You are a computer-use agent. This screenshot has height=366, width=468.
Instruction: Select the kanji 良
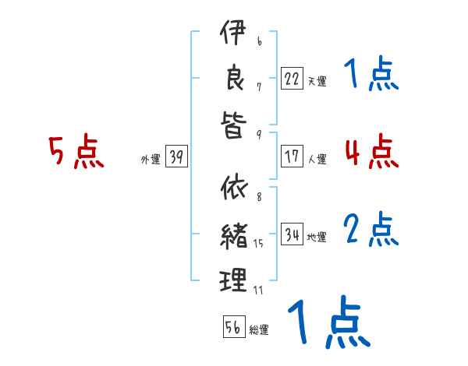(232, 79)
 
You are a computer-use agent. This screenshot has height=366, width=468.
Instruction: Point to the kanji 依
(232, 188)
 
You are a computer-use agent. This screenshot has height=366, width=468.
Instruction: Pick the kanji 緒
(232, 234)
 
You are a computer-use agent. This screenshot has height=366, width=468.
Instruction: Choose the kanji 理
(232, 279)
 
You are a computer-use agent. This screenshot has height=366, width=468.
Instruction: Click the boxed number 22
(292, 78)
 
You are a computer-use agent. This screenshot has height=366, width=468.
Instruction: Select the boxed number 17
(292, 157)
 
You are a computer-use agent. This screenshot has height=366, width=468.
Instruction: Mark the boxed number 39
(176, 158)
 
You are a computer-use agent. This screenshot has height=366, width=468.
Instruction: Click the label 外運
(150, 160)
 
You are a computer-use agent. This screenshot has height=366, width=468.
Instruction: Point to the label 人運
(317, 159)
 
